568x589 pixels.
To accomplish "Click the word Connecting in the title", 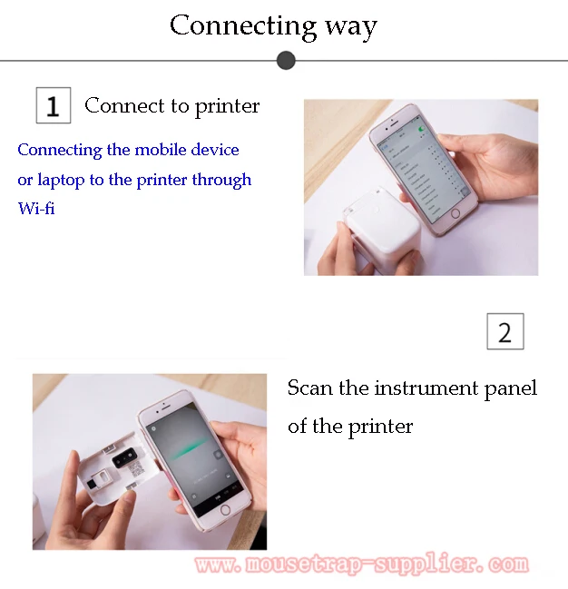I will [230, 25].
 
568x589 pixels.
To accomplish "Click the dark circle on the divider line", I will [286, 61].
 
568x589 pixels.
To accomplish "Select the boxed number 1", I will [53, 105].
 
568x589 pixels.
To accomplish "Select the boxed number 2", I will [504, 331].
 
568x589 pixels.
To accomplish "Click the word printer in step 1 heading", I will [227, 106].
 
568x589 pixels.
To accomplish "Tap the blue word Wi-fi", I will [36, 209].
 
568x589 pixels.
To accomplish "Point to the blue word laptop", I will [61, 181].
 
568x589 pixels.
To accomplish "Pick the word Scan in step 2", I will [308, 388].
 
